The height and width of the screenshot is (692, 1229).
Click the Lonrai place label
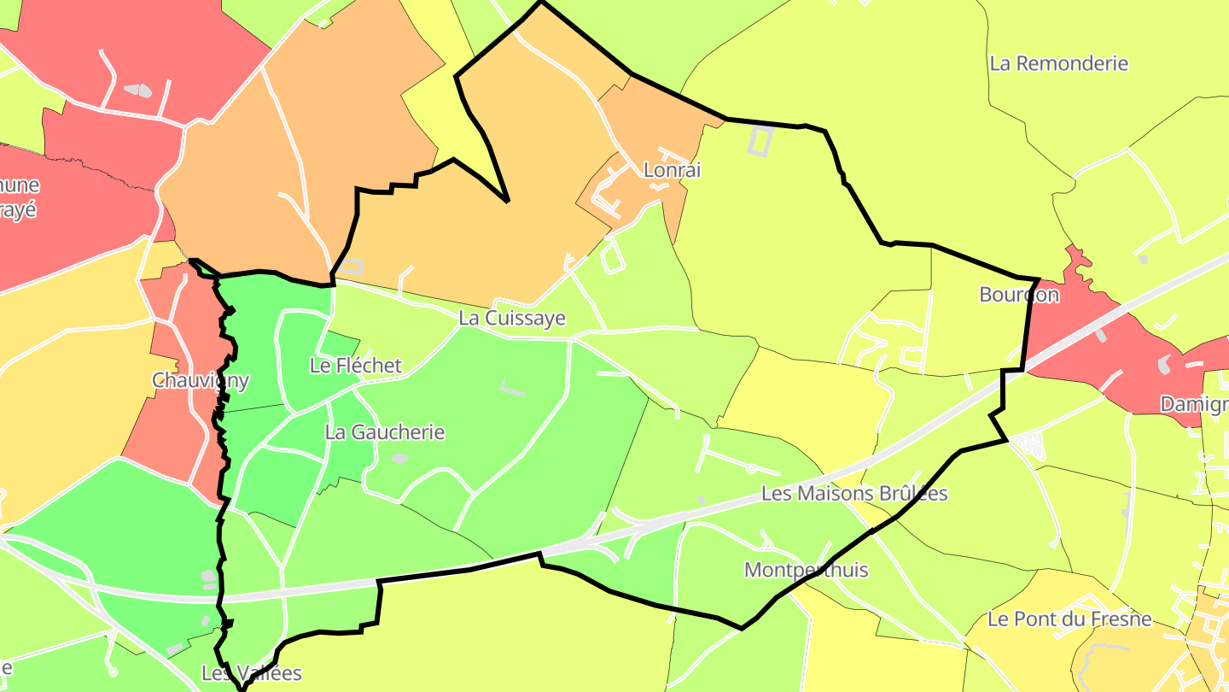(x=672, y=170)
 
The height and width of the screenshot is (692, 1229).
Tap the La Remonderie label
(x=1058, y=63)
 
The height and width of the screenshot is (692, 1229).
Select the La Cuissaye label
(x=512, y=318)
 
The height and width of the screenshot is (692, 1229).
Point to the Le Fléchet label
(x=355, y=366)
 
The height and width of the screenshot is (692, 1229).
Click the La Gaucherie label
(x=385, y=432)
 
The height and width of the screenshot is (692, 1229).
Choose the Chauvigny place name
(x=201, y=380)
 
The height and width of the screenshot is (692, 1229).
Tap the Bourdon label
(x=1019, y=295)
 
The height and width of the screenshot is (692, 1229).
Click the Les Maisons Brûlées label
(x=853, y=494)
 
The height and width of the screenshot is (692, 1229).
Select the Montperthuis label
(x=806, y=570)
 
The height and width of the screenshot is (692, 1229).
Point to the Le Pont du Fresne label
(x=1069, y=619)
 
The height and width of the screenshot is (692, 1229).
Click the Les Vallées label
(x=252, y=673)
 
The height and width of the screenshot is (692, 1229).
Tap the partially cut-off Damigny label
(x=1195, y=404)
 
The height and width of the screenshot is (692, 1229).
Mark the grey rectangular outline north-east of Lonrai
(x=760, y=140)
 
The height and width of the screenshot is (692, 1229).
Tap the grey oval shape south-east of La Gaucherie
(x=399, y=459)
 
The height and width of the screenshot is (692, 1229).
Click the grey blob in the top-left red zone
(x=137, y=90)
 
